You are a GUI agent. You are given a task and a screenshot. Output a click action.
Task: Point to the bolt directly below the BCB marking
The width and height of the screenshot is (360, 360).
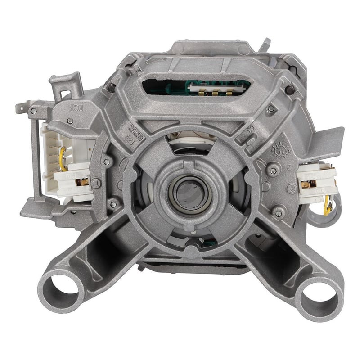[x=70, y=121]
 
